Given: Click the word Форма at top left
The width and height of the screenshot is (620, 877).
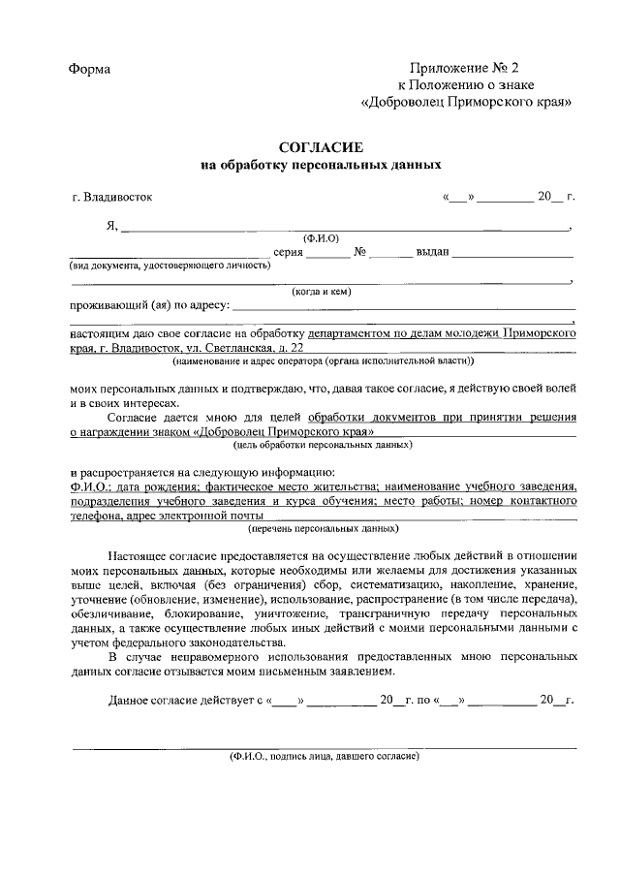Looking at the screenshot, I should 90,69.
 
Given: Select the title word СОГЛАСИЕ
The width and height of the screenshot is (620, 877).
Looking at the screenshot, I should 320,148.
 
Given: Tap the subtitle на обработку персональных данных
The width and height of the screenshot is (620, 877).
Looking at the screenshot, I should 321,166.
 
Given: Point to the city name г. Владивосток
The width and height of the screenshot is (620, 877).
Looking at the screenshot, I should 111,197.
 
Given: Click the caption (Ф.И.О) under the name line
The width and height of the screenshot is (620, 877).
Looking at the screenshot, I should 321,238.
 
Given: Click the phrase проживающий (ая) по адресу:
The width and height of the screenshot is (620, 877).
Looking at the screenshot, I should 149,306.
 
